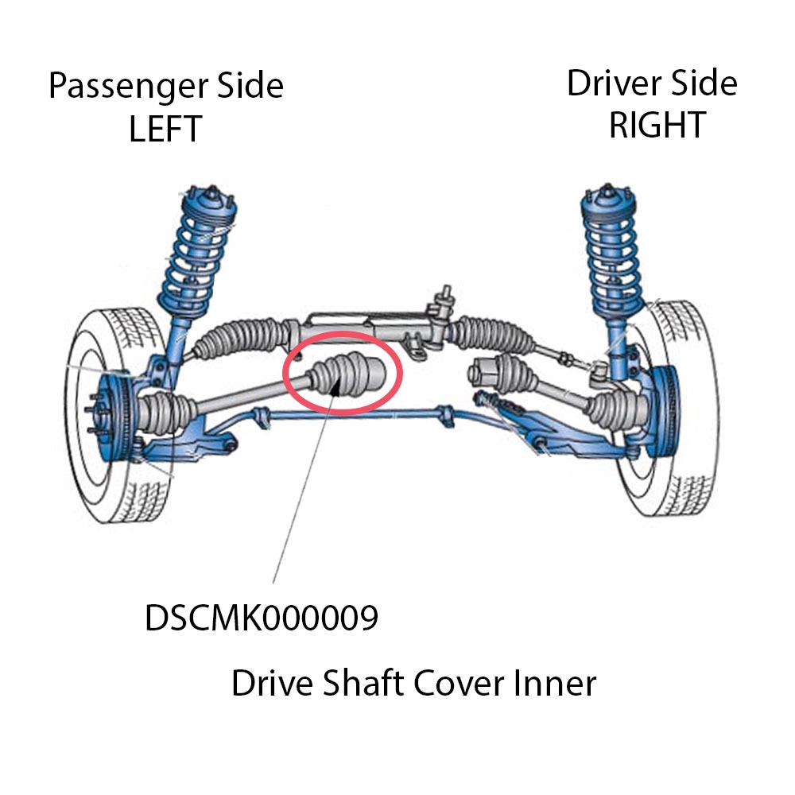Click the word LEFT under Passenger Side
(x=165, y=129)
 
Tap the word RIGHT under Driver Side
(x=657, y=125)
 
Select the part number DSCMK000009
(x=262, y=618)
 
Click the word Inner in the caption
(x=555, y=683)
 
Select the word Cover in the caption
(x=460, y=683)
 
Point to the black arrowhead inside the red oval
(x=335, y=386)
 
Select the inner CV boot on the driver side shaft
(x=499, y=374)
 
